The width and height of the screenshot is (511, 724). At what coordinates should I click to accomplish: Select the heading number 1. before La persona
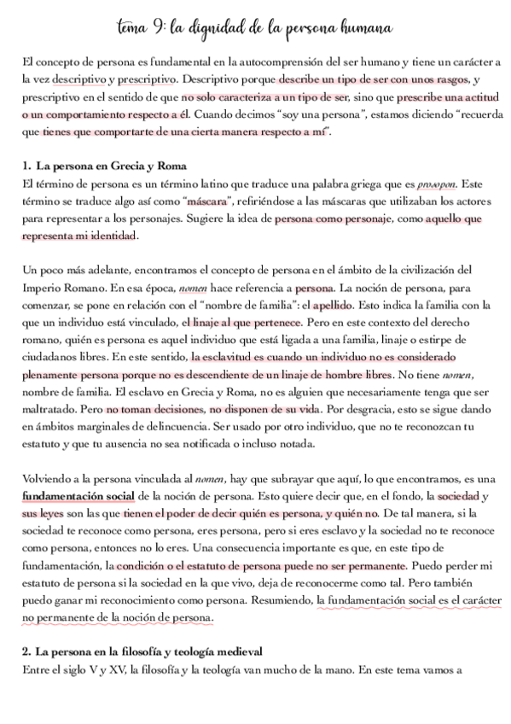(x=26, y=164)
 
